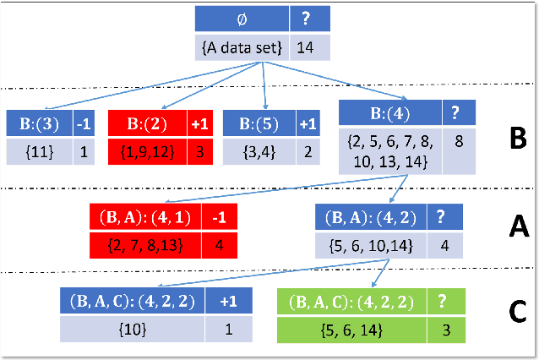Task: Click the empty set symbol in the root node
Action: point(242,18)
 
